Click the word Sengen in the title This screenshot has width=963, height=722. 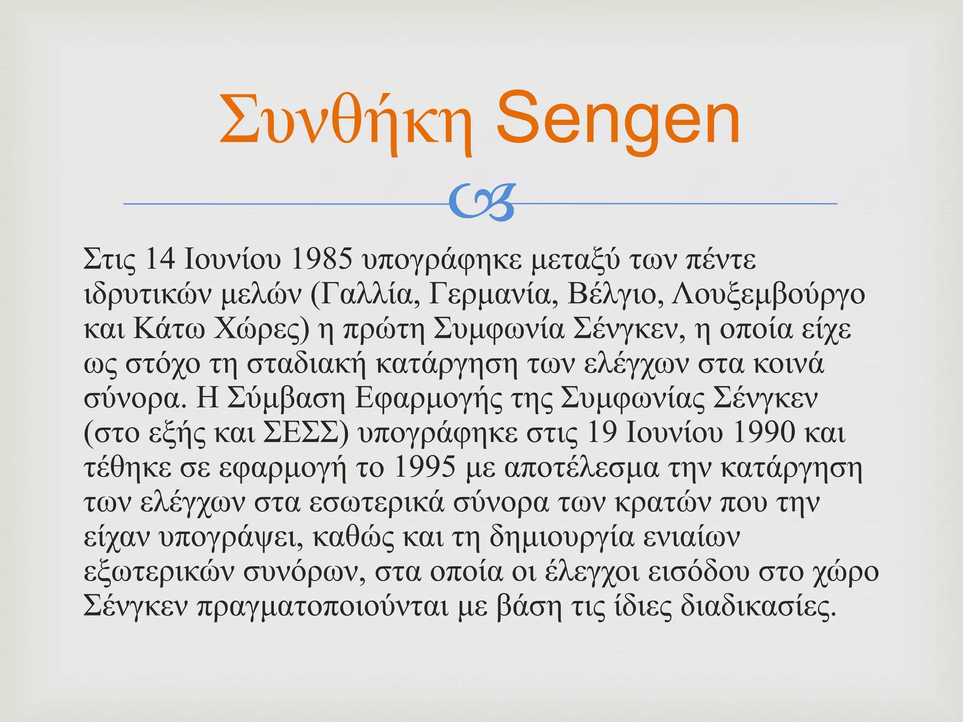coord(618,119)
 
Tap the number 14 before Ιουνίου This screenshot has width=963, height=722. coord(161,259)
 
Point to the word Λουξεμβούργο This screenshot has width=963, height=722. coord(768,294)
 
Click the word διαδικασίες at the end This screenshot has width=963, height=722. coord(758,606)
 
